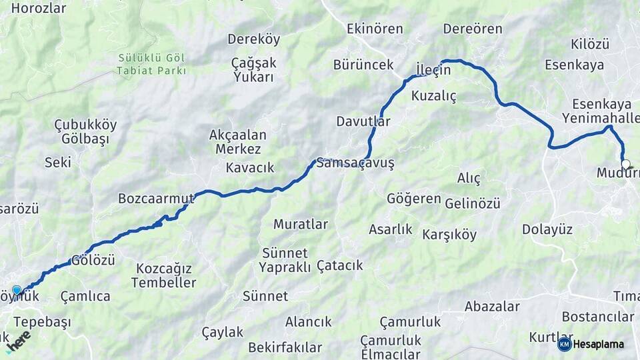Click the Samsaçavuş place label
pyautogui.click(x=356, y=163)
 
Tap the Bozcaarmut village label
pyautogui.click(x=155, y=198)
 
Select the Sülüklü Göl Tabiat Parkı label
pyautogui.click(x=152, y=64)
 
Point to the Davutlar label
pyautogui.click(x=363, y=121)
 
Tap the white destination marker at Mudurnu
pyautogui.click(x=625, y=164)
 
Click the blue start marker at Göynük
pyautogui.click(x=17, y=291)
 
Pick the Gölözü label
pyautogui.click(x=93, y=260)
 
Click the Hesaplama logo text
pyautogui.click(x=598, y=344)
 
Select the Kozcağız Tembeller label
pyautogui.click(x=163, y=275)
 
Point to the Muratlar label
pyautogui.click(x=300, y=224)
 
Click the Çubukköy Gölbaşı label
pyautogui.click(x=85, y=132)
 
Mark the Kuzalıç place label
pyautogui.click(x=434, y=96)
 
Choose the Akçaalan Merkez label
pyautogui.click(x=238, y=141)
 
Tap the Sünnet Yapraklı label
pyautogui.click(x=285, y=260)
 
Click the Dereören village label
pyautogui.click(x=473, y=29)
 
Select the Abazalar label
pyautogui.click(x=492, y=307)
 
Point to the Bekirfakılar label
pyautogui.click(x=285, y=347)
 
